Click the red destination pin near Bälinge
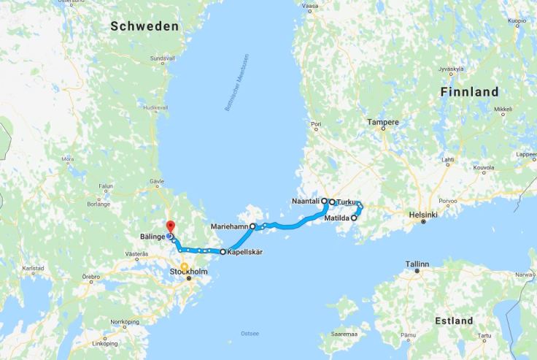169,226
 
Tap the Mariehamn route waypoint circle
253,226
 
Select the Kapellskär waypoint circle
223,252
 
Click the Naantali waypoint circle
324,199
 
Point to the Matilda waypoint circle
354,218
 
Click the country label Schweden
144,26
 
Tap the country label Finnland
470,92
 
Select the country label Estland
455,321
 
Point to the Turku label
346,202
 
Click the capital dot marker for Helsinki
423,222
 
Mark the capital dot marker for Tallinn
417,271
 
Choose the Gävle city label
156,180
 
